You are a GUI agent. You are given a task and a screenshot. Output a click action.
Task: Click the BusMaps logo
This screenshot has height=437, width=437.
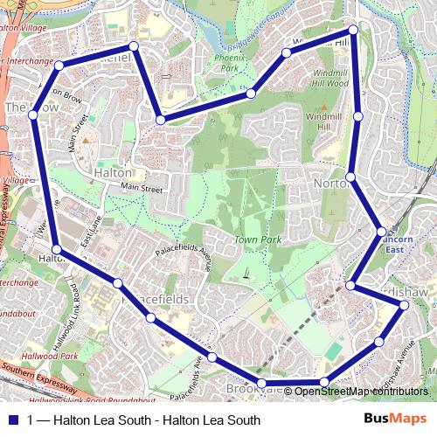(396, 419)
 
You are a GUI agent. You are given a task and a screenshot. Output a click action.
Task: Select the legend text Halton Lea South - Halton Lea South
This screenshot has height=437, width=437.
(144, 420)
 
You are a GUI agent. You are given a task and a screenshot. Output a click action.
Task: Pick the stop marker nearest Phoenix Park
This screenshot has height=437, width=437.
(250, 94)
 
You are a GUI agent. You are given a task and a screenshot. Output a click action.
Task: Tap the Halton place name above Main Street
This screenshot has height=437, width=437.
(113, 173)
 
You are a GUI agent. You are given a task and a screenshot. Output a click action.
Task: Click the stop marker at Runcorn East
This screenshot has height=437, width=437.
(380, 232)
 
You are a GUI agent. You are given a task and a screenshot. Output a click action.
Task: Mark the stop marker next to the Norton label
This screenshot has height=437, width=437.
(350, 178)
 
